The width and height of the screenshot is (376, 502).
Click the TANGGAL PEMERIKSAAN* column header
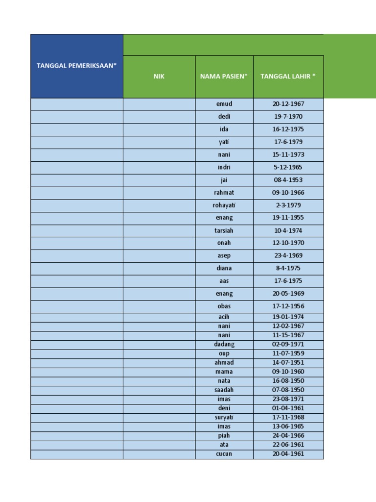coord(77,66)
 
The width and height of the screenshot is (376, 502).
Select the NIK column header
coord(159,76)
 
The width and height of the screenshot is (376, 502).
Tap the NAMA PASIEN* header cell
coord(224,76)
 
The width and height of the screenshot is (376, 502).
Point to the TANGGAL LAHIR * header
coord(288,76)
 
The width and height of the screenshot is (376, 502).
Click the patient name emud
coord(224,104)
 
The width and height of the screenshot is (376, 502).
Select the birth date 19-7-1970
coord(288,117)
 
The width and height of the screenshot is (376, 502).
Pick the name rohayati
coord(224,205)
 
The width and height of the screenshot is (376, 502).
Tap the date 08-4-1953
coord(288,180)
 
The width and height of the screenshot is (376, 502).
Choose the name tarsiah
coord(224,230)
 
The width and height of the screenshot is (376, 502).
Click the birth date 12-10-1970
coord(288,243)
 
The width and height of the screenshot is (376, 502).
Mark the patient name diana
coord(224,268)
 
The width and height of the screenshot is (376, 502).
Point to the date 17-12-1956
coord(288,306)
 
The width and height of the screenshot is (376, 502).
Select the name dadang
coord(224,344)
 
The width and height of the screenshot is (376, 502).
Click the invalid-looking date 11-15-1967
coord(288,335)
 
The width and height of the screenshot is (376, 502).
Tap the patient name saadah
coord(224,390)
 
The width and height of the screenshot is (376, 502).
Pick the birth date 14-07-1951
coord(288,362)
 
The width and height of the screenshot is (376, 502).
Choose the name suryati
coord(224,417)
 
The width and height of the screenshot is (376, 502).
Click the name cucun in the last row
coord(224,454)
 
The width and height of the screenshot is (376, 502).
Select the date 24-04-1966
coord(288,435)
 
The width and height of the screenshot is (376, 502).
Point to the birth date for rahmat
coord(288,193)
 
